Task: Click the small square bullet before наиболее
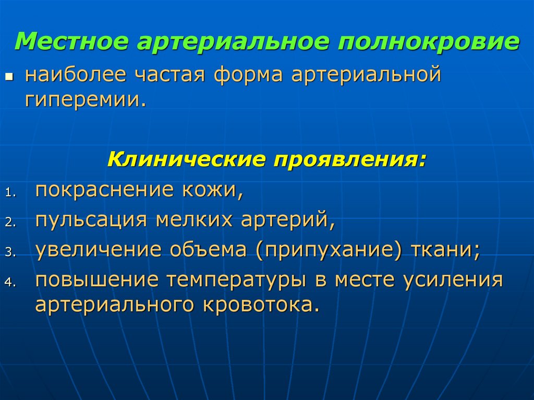point(8,77)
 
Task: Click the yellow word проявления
point(346,159)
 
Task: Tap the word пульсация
point(90,220)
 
